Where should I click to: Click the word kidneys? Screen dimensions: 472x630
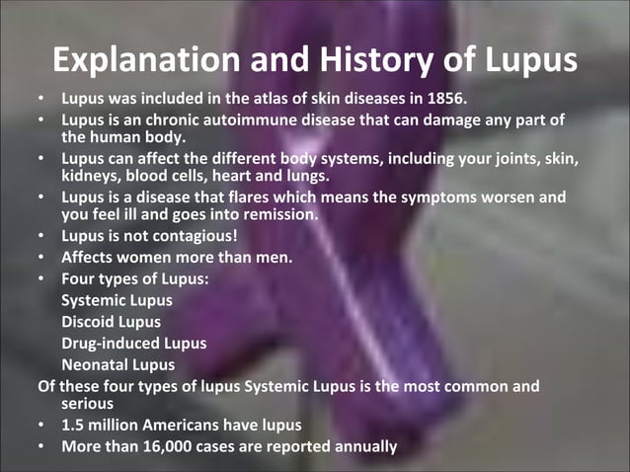[x=91, y=176]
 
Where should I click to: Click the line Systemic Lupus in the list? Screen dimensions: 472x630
[x=117, y=300]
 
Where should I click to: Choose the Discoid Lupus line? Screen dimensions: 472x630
[x=111, y=322]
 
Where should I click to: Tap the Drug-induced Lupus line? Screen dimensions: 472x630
[x=133, y=343]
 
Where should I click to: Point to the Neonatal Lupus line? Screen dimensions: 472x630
[x=117, y=364]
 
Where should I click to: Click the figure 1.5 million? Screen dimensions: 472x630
[x=104, y=426]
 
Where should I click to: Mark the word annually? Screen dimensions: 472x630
[x=360, y=446]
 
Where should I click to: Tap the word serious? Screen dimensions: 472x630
[x=87, y=404]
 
